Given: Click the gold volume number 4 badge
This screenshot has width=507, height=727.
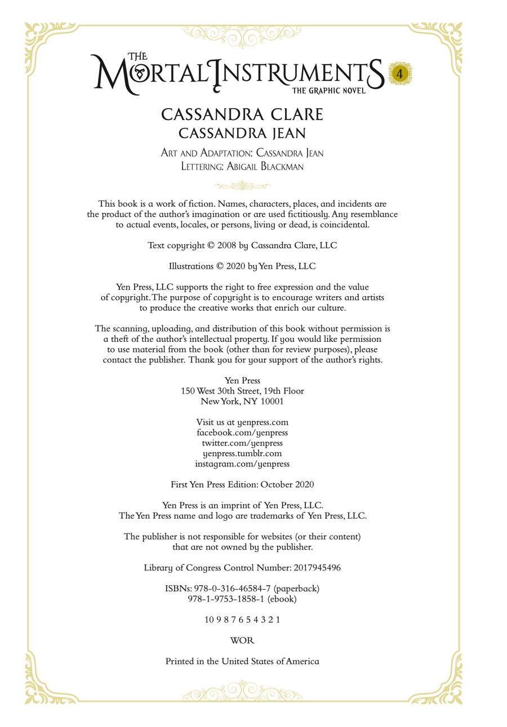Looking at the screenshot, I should click(399, 73).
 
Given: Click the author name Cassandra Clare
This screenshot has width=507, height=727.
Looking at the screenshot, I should click(242, 114).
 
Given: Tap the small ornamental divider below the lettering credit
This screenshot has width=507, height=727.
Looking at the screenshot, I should click(242, 186).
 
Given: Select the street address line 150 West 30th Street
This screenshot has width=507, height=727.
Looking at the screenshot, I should click(242, 391).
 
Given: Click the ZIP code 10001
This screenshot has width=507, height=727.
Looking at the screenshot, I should click(272, 402).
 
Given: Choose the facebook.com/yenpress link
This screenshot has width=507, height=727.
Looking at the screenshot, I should click(242, 432).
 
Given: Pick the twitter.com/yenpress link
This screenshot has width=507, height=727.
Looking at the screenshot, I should click(242, 443).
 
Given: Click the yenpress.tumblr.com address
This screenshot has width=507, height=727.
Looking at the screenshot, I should click(242, 453).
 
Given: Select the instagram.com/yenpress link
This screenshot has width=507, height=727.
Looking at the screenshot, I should click(242, 464).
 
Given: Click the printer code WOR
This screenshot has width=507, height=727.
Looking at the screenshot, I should click(242, 641).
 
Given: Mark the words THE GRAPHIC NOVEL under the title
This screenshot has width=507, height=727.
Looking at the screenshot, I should click(328, 90).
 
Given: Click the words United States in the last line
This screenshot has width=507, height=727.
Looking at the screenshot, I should click(248, 662).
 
